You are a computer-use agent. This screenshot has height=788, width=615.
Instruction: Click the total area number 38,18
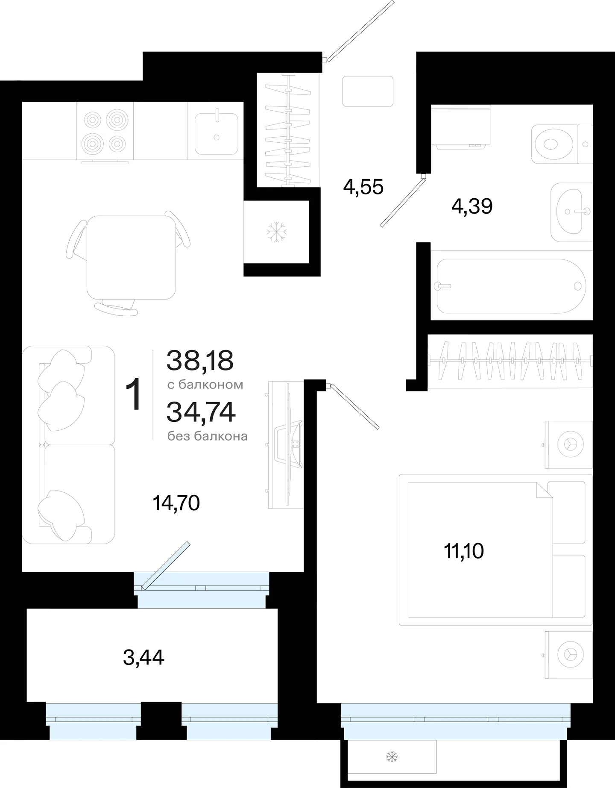point(200,360)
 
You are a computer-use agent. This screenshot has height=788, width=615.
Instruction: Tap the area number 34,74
point(201,412)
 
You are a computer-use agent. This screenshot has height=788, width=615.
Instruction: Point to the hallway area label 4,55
point(363,187)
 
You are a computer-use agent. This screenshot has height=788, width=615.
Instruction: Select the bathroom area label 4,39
point(472,206)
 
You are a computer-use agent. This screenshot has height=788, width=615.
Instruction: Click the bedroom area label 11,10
point(464,551)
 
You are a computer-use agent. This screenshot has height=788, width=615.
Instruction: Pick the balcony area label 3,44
point(143,657)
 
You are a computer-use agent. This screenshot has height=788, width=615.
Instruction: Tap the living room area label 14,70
point(176,503)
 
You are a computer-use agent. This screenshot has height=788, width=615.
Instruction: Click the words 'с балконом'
point(205,385)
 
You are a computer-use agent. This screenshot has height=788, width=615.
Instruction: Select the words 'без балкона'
point(208,436)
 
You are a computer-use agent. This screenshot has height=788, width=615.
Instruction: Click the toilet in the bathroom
point(562,144)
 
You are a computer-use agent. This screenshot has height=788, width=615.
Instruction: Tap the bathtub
point(511,285)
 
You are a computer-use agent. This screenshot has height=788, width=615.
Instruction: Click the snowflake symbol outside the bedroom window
point(392,757)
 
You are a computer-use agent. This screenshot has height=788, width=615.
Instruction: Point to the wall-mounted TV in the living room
point(285,445)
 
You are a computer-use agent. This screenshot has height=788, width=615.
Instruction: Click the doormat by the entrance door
point(368,91)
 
